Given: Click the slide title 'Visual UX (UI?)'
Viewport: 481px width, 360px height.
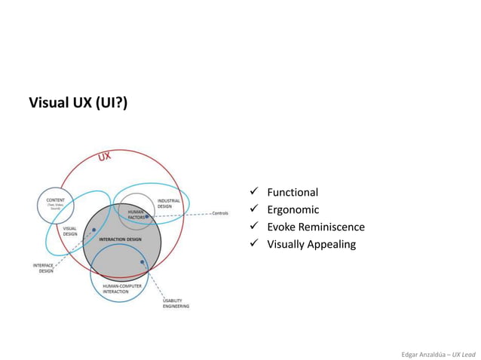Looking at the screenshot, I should pyautogui.click(x=78, y=102).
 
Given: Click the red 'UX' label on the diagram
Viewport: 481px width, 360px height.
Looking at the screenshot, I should pyautogui.click(x=105, y=157).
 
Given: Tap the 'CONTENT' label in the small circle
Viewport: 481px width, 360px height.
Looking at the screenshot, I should pyautogui.click(x=56, y=200).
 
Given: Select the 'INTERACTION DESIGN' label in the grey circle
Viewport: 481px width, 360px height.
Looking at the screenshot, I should pyautogui.click(x=120, y=239).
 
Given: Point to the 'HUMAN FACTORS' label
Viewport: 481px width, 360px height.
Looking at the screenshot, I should pyautogui.click(x=136, y=215).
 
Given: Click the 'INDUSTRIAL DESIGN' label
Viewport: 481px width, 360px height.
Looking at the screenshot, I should pyautogui.click(x=169, y=203).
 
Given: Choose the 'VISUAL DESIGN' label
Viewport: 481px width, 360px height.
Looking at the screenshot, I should pyautogui.click(x=69, y=230).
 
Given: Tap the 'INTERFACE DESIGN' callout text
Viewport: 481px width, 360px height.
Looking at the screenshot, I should pyautogui.click(x=43, y=268).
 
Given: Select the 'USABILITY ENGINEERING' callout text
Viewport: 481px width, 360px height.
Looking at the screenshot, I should pyautogui.click(x=176, y=304).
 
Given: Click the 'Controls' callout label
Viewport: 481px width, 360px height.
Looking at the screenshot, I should pyautogui.click(x=219, y=213).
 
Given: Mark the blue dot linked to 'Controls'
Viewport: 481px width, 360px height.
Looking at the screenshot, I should pyautogui.click(x=147, y=216).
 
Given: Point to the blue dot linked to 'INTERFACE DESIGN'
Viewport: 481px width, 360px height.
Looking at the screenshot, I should pyautogui.click(x=93, y=230).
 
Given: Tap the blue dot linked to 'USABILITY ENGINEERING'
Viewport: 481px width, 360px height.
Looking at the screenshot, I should pyautogui.click(x=142, y=262).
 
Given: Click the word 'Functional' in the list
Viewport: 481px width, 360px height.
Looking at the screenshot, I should pyautogui.click(x=293, y=192).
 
